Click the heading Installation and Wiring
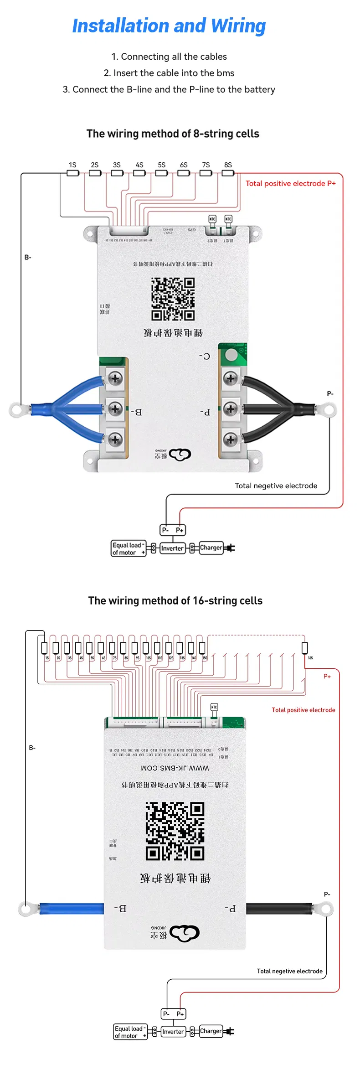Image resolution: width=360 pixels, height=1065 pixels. pyautogui.click(x=169, y=26)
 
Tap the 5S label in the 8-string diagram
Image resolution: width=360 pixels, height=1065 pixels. pyautogui.click(x=162, y=165)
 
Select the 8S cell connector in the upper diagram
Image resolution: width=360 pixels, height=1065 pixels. pyautogui.click(x=228, y=173)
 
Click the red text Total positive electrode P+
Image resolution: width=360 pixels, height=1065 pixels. pyautogui.click(x=290, y=184)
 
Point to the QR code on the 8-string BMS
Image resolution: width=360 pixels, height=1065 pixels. pyautogui.click(x=173, y=299)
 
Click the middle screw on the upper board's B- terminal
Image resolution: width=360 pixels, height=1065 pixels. pyautogui.click(x=115, y=408)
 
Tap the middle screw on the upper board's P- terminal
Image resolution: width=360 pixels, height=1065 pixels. pyautogui.click(x=231, y=409)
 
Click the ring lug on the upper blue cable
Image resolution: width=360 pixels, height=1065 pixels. pyautogui.click(x=17, y=410)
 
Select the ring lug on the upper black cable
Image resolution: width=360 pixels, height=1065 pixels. pyautogui.click(x=329, y=410)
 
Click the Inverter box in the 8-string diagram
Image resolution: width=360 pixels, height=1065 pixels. pyautogui.click(x=172, y=548)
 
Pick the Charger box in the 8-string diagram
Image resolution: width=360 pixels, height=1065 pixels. pyautogui.click(x=211, y=548)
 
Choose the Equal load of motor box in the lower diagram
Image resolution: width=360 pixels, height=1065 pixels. pyautogui.click(x=130, y=1032)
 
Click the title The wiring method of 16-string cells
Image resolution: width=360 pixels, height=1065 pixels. pyautogui.click(x=175, y=601)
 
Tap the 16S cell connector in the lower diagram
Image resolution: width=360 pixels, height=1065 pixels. pyautogui.click(x=305, y=647)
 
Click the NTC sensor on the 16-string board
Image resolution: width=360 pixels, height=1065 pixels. pyautogui.click(x=214, y=707)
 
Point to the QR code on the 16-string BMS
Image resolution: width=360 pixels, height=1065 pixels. pyautogui.click(x=175, y=831)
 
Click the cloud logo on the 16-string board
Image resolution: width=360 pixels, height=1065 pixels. pyautogui.click(x=185, y=933)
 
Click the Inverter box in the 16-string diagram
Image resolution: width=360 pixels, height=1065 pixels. pyautogui.click(x=173, y=1032)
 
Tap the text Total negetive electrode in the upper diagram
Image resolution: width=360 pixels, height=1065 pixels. pyautogui.click(x=276, y=486)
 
